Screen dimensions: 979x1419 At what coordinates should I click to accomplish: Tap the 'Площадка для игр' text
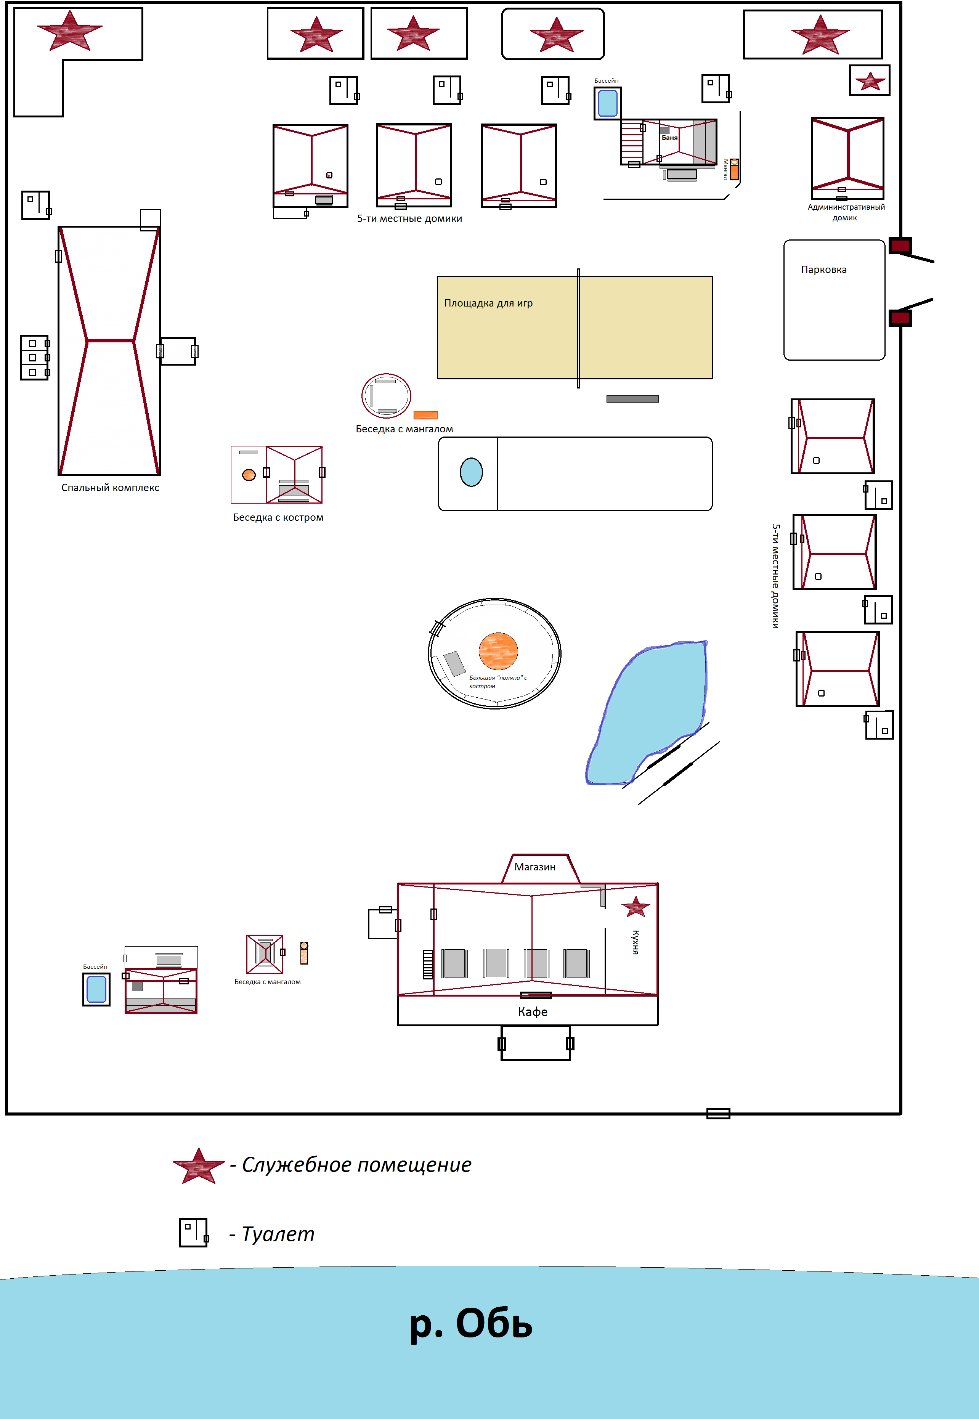(488, 303)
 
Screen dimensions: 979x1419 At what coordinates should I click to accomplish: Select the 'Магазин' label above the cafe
(535, 867)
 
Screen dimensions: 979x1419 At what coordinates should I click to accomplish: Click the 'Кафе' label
(533, 1012)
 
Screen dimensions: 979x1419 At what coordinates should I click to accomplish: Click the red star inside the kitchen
(636, 907)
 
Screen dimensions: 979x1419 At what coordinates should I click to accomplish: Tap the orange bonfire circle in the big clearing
(498, 651)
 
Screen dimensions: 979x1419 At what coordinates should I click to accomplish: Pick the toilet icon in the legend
(194, 1233)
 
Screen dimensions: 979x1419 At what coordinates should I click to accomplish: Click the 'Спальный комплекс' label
(111, 488)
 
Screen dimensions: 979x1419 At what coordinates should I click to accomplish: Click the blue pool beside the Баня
(607, 103)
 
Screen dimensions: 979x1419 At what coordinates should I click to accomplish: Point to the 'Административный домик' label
(846, 212)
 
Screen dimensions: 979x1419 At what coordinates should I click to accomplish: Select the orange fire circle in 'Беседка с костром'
(249, 475)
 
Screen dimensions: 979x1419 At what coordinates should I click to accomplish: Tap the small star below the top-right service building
(870, 81)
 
